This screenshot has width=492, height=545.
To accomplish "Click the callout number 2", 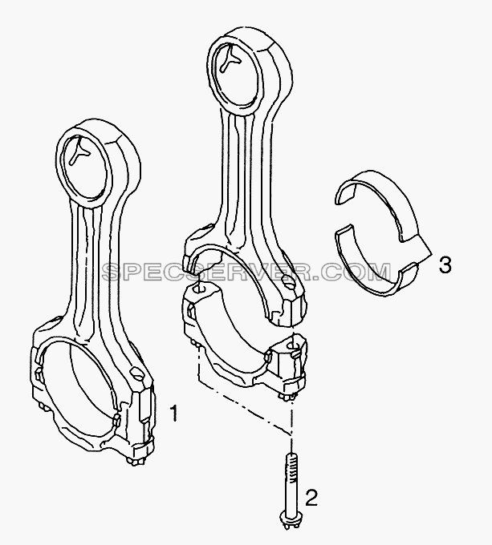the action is pos(311,498).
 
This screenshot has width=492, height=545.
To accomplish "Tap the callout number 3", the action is pos(445,264).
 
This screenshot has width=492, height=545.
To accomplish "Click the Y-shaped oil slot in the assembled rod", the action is pos(81,150).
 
